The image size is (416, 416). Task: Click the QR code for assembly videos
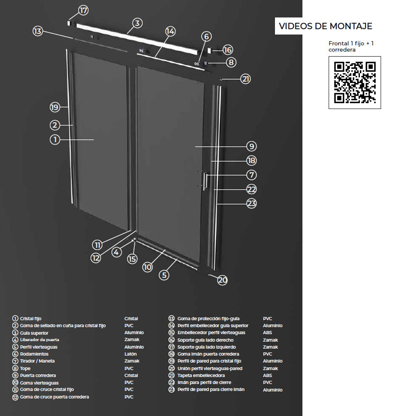pos(354,82)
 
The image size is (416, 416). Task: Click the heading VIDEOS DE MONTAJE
pos(325,26)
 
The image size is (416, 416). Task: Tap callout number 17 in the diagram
pos(83,10)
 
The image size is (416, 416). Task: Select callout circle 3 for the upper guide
pos(137,23)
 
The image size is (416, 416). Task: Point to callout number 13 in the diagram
pos(38,31)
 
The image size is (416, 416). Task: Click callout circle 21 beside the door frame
pos(246,79)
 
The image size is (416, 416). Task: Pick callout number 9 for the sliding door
pos(251,146)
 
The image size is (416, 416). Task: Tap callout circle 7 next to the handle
pos(252,175)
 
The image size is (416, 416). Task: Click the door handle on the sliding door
pos(205,181)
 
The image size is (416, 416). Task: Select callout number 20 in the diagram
pos(222,280)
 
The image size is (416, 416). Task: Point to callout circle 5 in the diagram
pos(164,275)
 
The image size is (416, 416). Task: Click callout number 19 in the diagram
pos(55,107)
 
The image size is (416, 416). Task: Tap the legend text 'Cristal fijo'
pos(30,318)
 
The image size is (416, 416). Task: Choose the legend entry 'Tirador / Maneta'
pos(37,361)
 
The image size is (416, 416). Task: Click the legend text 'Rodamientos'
pos(34,354)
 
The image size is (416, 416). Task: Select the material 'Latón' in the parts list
pos(131,354)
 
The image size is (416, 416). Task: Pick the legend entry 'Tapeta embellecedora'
pos(201,375)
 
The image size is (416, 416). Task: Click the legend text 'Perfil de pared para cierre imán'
pos(211,389)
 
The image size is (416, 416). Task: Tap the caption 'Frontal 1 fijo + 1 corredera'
pos(351,47)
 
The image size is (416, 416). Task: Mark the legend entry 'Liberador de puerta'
pos(40,339)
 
